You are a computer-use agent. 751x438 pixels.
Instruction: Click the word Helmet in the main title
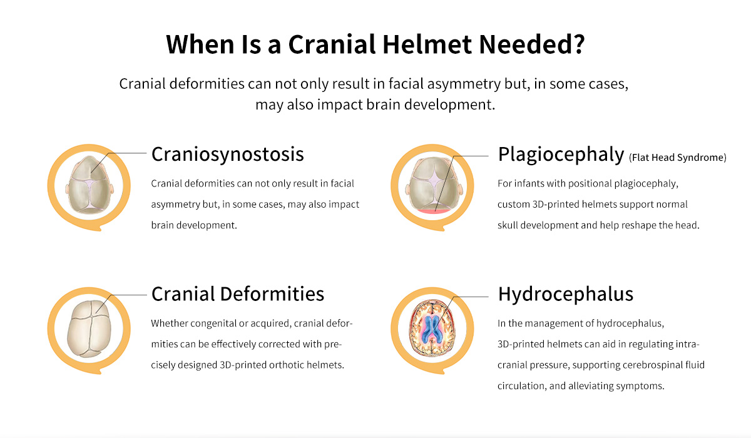(427, 44)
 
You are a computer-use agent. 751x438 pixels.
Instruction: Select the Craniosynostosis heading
(228, 154)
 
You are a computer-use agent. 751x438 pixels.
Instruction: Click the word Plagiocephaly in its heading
(561, 155)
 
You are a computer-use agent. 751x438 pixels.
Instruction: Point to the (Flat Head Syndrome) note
(678, 158)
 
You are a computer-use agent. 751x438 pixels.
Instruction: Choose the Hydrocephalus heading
(566, 295)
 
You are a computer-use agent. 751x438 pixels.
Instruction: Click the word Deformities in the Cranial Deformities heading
(272, 294)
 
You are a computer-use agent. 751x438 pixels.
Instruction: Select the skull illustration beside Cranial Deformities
(89, 328)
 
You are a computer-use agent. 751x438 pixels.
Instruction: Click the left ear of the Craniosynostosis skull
(68, 188)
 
